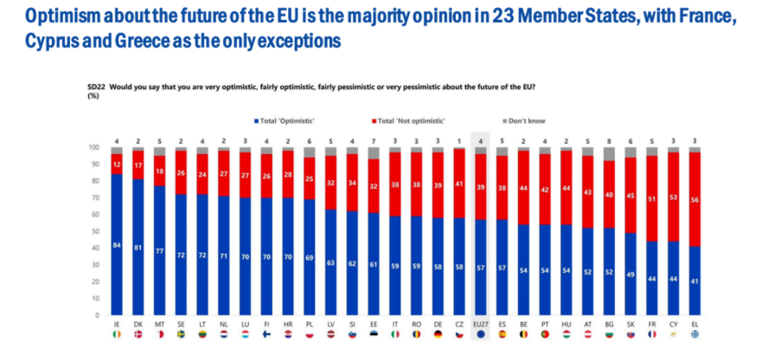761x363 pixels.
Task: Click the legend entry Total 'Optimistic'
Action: pyautogui.click(x=285, y=120)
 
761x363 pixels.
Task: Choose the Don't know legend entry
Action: pyautogui.click(x=525, y=120)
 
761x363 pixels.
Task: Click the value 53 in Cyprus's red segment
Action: pyautogui.click(x=672, y=196)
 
